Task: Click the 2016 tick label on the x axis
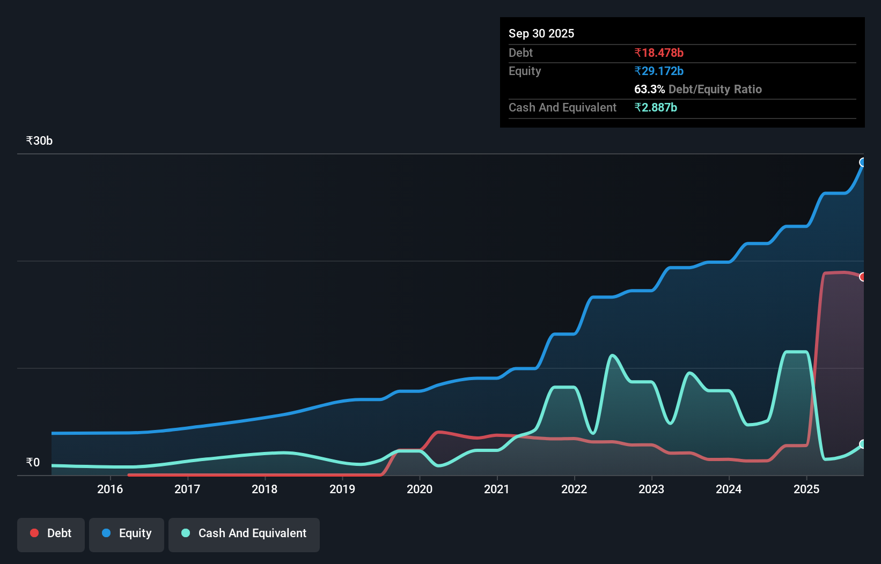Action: click(110, 489)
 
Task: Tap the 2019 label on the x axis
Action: click(342, 489)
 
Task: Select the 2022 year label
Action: click(574, 489)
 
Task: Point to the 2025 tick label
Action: click(806, 489)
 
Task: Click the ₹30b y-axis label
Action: click(39, 140)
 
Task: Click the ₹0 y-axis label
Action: click(33, 462)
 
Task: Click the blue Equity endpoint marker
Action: click(863, 162)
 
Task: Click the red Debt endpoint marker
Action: click(863, 277)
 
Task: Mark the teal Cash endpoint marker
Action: click(863, 444)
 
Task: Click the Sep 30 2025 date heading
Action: click(541, 33)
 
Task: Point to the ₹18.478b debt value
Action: click(659, 53)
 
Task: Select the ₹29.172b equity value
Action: click(659, 71)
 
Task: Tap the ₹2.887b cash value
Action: click(656, 107)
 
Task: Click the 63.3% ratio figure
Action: click(649, 89)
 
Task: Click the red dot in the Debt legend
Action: click(34, 533)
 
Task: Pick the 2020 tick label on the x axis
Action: click(420, 489)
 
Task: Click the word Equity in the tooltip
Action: click(525, 71)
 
